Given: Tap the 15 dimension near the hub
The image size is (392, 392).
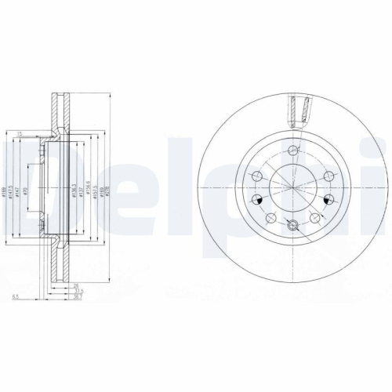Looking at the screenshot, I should coord(17,134).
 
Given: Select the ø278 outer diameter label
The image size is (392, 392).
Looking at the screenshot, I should coord(107,191).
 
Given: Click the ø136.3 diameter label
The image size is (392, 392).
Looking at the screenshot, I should coord(74,191).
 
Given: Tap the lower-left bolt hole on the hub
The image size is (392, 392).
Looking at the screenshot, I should coord(269,216).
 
